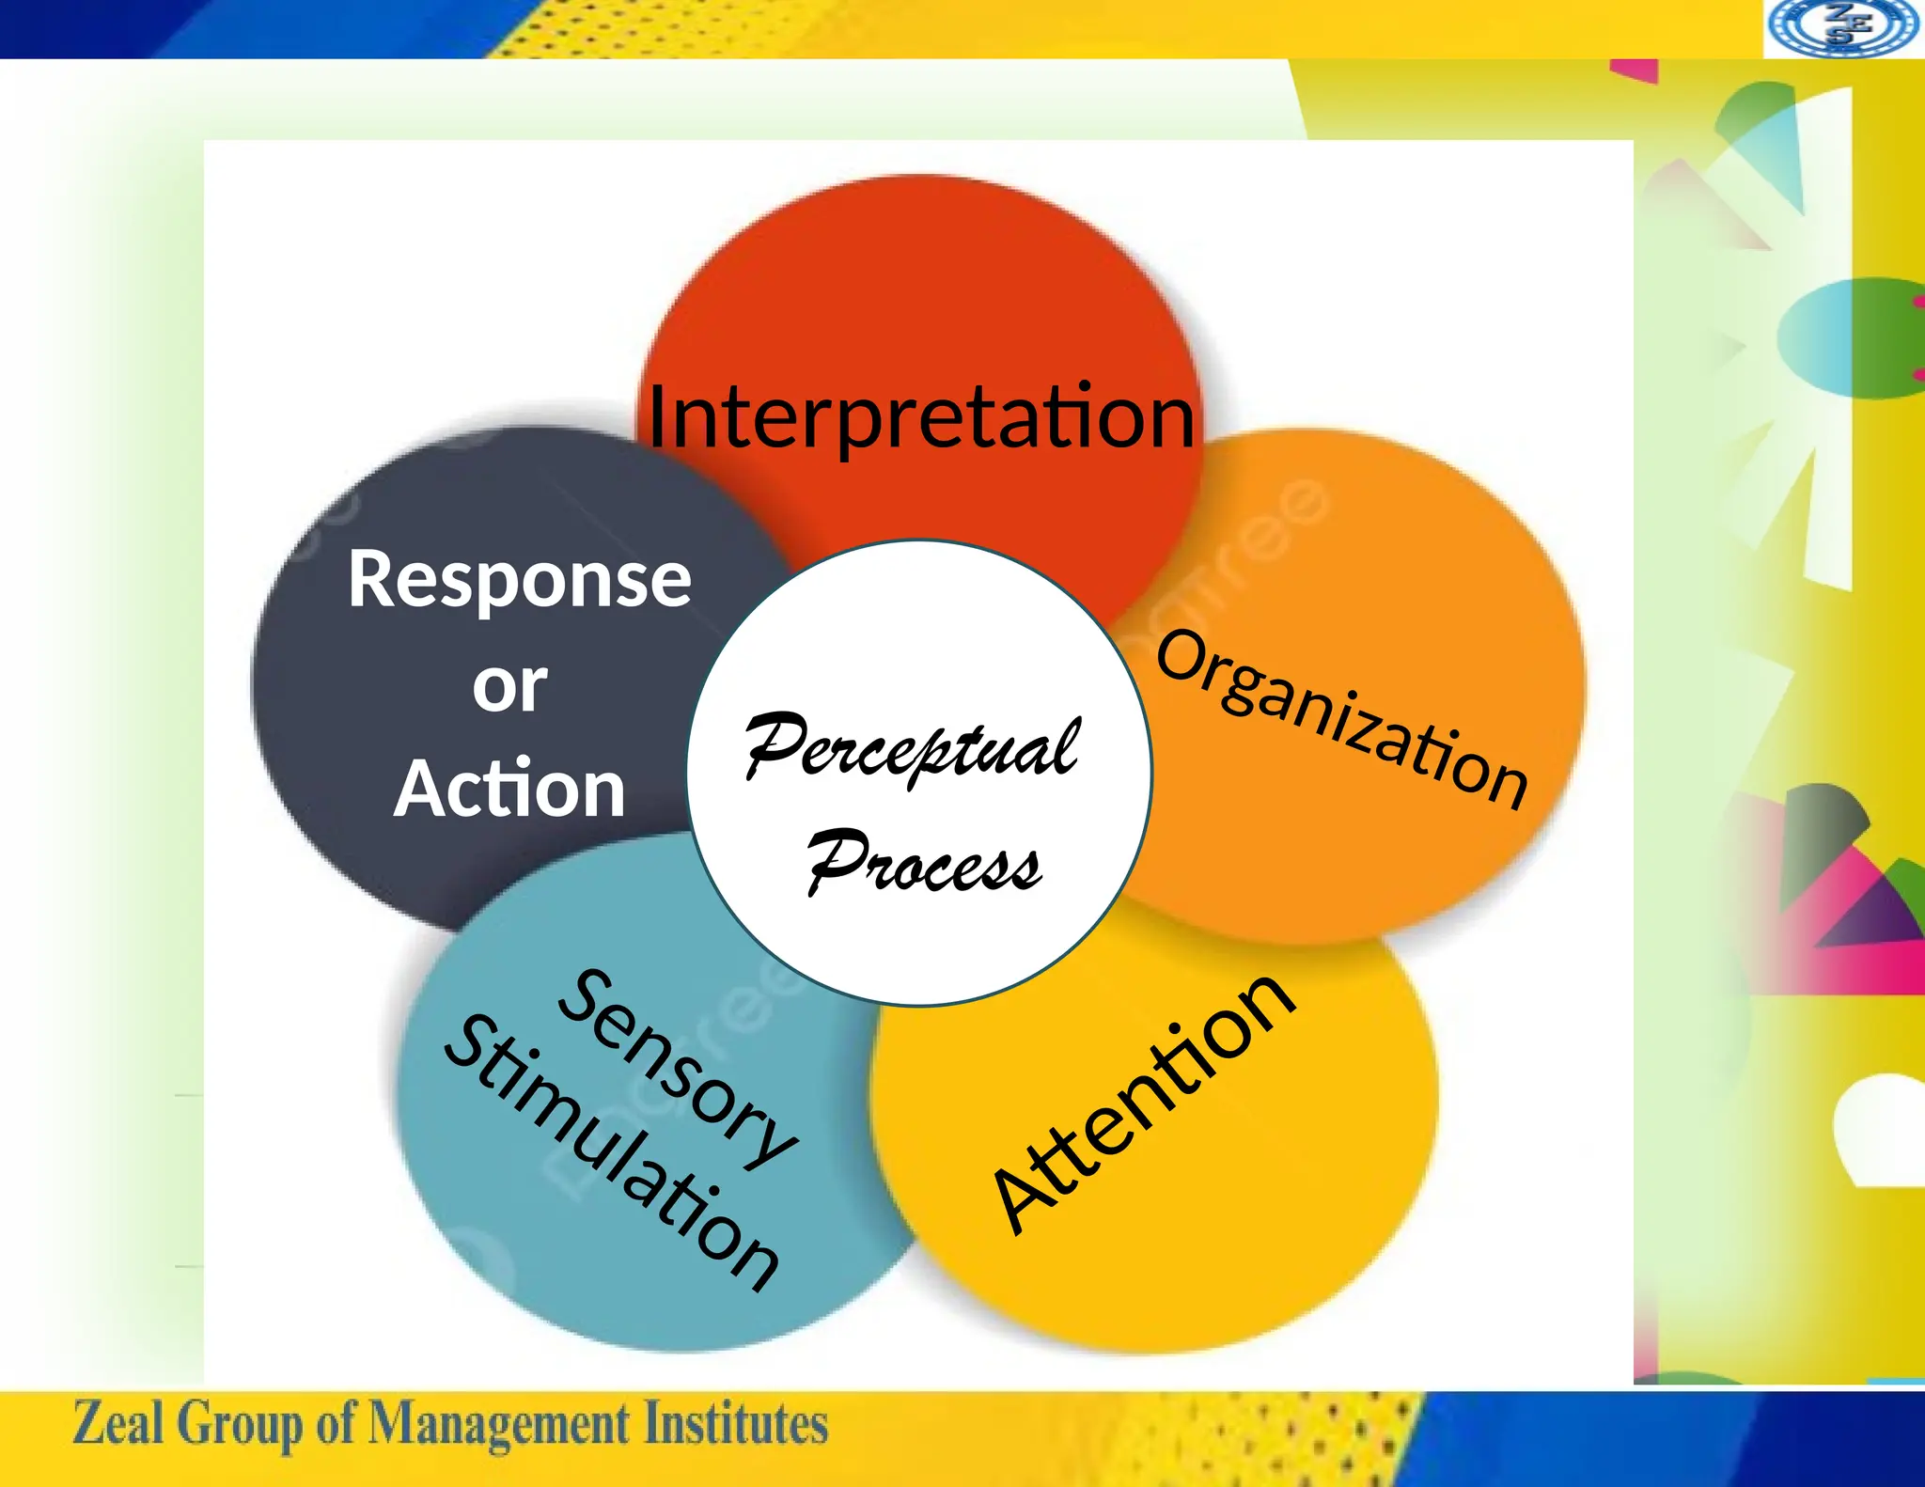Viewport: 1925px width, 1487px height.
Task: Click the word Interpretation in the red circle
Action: [921, 418]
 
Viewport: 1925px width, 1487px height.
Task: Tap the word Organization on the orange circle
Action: [1341, 719]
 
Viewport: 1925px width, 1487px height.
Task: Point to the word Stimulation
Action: [611, 1151]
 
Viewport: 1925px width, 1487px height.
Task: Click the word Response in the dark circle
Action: [519, 580]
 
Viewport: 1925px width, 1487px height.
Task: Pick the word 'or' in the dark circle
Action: [509, 686]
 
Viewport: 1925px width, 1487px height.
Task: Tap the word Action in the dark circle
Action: [509, 790]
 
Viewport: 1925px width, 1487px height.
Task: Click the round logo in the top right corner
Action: [1842, 28]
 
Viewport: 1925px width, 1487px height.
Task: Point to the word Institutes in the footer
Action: [735, 1423]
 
